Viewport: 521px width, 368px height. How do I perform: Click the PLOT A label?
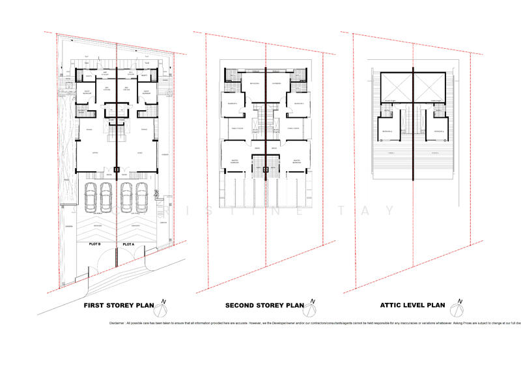tap(128, 245)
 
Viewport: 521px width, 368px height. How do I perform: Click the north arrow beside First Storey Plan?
tap(165, 304)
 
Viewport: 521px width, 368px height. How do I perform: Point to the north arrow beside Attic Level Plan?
tap(460, 304)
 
